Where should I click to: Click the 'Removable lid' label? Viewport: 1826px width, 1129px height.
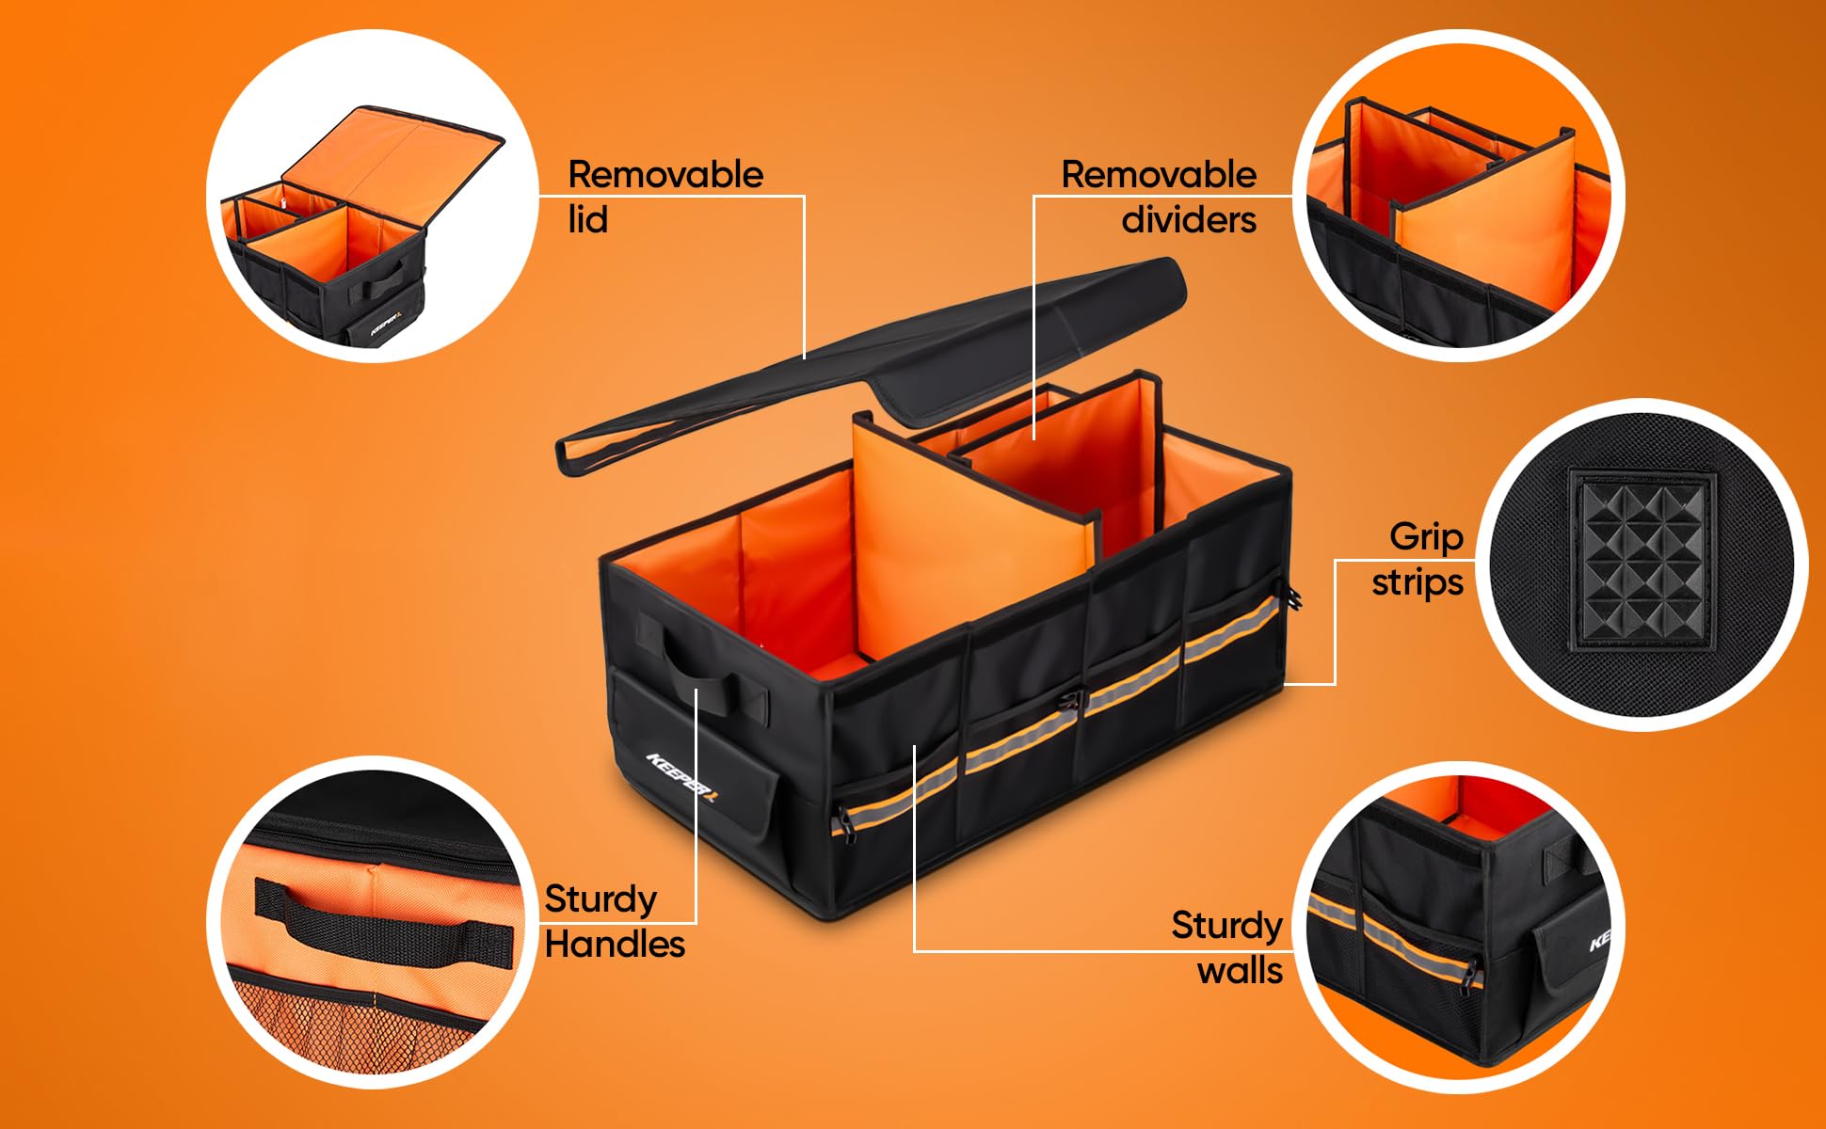click(665, 197)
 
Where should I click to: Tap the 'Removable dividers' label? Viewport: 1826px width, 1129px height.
click(1160, 197)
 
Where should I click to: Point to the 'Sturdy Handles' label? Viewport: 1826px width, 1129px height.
click(614, 921)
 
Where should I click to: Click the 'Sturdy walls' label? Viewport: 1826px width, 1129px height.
click(1226, 947)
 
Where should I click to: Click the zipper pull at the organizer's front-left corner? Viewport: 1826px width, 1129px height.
click(841, 821)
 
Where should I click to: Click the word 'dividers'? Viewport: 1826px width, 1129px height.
click(1189, 220)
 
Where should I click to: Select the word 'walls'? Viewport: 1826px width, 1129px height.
click(1240, 971)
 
